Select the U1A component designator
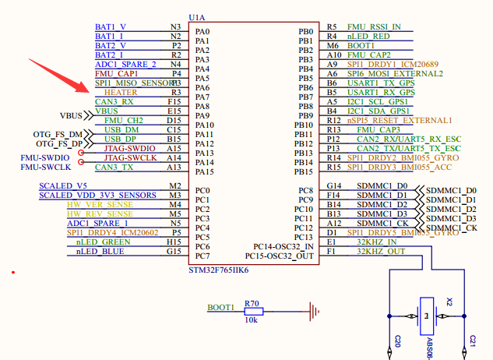click(198, 16)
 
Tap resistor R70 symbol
click(253, 312)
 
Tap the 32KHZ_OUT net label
click(380, 252)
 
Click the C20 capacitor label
click(397, 341)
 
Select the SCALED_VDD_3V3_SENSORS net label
click(97, 195)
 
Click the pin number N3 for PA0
click(175, 26)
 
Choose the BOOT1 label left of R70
click(220, 308)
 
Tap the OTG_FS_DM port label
click(58, 134)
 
